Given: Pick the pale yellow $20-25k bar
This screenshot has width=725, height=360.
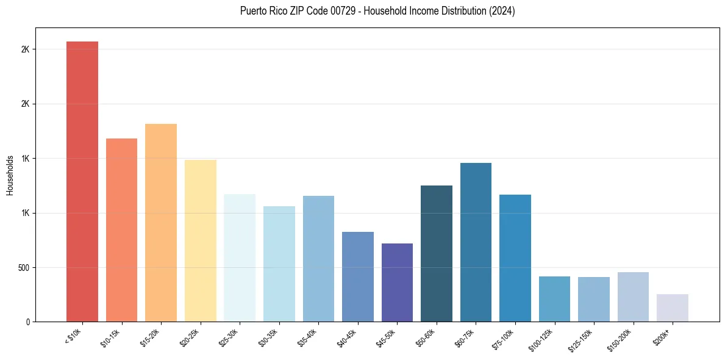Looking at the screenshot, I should pos(201,241).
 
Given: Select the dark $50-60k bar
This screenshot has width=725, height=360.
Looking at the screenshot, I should pos(437,254).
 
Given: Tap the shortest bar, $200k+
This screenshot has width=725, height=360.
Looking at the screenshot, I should pos(673,308).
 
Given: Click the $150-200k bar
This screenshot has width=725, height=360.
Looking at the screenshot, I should pos(633,297).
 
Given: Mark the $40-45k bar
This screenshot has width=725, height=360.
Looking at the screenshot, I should pos(358,277).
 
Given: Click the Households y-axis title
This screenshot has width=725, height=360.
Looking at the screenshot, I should pos(10,175).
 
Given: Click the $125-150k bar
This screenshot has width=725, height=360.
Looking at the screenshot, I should pos(594,300).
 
